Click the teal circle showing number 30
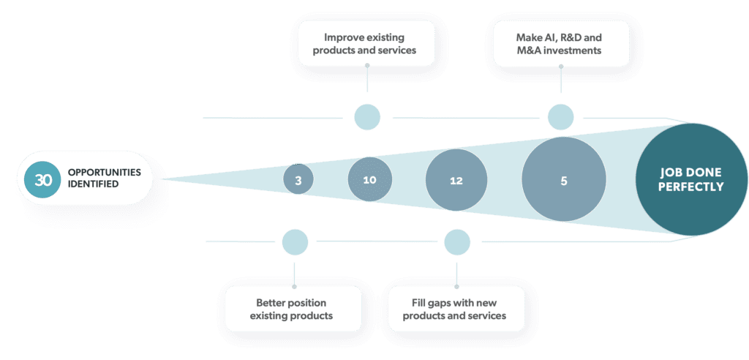[43, 179]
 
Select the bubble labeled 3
[298, 179]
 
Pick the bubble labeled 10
[369, 179]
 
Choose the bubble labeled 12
[456, 180]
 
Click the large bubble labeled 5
[564, 180]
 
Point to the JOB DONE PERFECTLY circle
[690, 180]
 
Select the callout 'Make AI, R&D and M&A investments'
[560, 43]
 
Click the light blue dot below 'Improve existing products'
[367, 117]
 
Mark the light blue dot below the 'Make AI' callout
[560, 117]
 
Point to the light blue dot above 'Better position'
[295, 242]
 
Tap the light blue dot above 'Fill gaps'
[457, 242]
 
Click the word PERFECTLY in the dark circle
[690, 187]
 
